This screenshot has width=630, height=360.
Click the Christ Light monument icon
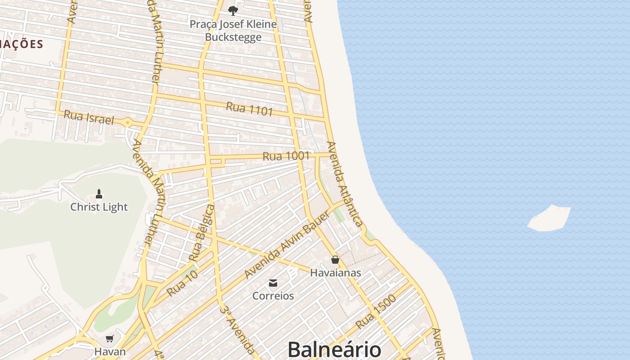[99, 194]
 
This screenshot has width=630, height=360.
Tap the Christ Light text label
[99, 207]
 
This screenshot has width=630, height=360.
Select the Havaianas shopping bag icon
[335, 260]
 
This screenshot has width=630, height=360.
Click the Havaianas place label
[335, 273]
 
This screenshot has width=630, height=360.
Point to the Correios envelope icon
[273, 283]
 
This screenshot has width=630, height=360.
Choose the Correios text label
[273, 296]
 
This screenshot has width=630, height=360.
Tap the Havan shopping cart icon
[110, 338]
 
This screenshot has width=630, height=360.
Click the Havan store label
[110, 351]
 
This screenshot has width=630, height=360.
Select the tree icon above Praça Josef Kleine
[233, 10]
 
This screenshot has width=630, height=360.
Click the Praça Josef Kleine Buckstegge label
[233, 31]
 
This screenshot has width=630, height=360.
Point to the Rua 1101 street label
[249, 108]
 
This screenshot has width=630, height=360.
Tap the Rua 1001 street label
[286, 156]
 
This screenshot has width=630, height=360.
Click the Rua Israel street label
[89, 117]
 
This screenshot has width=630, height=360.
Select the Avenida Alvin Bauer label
[287, 245]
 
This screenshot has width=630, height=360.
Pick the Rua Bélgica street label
[202, 233]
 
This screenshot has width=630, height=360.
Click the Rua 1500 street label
[376, 311]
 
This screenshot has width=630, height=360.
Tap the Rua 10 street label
[182, 283]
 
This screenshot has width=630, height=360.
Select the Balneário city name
[334, 350]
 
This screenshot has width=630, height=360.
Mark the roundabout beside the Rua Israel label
[128, 122]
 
